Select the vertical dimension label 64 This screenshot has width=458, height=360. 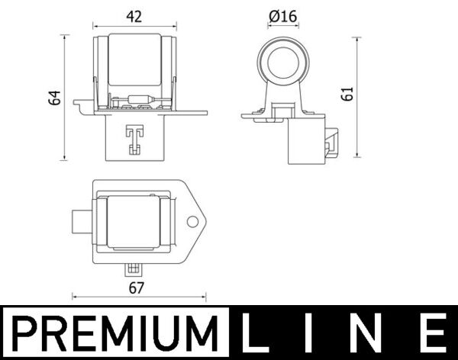53,98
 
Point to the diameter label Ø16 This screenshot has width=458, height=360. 283,15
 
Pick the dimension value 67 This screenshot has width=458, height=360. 137,288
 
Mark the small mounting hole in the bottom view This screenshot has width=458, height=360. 193,222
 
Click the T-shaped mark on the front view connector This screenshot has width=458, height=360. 135,137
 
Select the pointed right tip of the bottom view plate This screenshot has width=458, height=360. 206,222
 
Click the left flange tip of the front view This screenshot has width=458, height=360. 77,103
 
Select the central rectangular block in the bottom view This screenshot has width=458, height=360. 135,222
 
